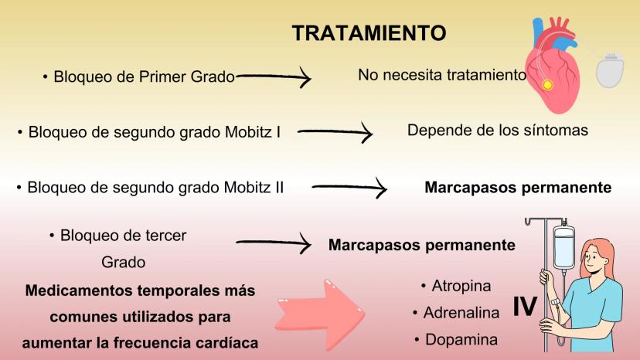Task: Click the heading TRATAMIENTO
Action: pyautogui.click(x=369, y=33)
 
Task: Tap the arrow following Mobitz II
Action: pyautogui.click(x=349, y=187)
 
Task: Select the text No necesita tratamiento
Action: pyautogui.click(x=441, y=75)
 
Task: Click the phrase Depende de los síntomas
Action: pyautogui.click(x=497, y=130)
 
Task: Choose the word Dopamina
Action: pyautogui.click(x=460, y=339)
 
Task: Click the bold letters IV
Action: pyautogui.click(x=525, y=307)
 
